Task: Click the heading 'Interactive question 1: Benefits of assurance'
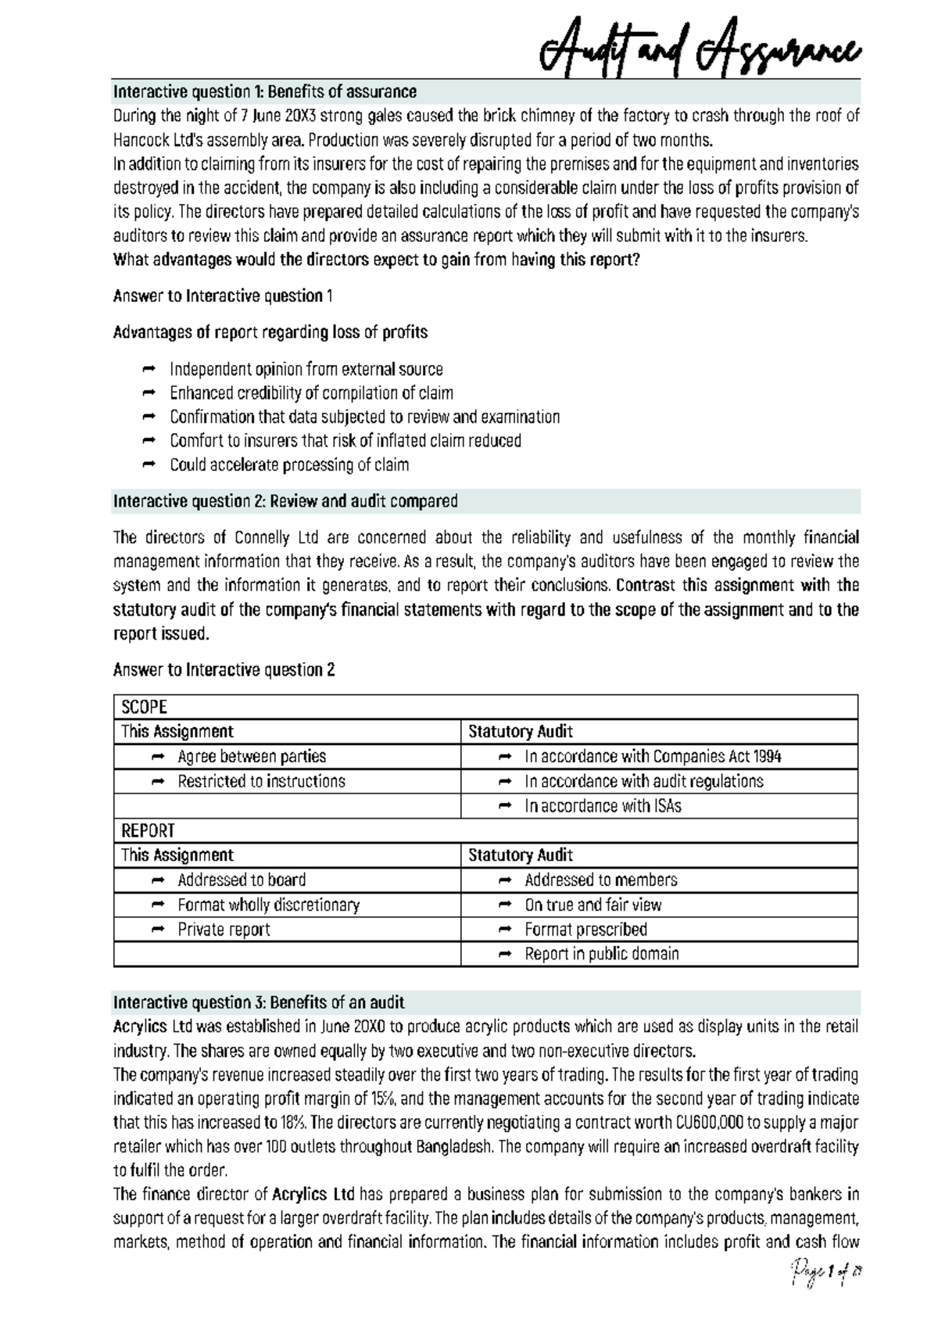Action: pos(264,91)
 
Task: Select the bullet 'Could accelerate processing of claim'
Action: pos(289,464)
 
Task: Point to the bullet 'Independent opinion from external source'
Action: pos(306,369)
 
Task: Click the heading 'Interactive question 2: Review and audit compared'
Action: pos(285,501)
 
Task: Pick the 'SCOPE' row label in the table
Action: pos(144,707)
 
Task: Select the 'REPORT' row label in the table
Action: pos(148,830)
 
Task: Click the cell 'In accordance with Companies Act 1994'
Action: pos(653,756)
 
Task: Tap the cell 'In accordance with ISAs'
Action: pos(603,806)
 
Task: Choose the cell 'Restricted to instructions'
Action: pos(261,781)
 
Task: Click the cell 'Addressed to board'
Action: pos(242,880)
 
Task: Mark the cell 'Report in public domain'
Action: pos(601,954)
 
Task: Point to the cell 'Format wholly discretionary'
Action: pos(268,905)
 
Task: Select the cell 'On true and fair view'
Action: pos(593,905)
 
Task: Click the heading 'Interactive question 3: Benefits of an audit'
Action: pos(259,1002)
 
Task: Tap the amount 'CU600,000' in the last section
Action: pos(707,1123)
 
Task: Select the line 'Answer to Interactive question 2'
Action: pos(224,670)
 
